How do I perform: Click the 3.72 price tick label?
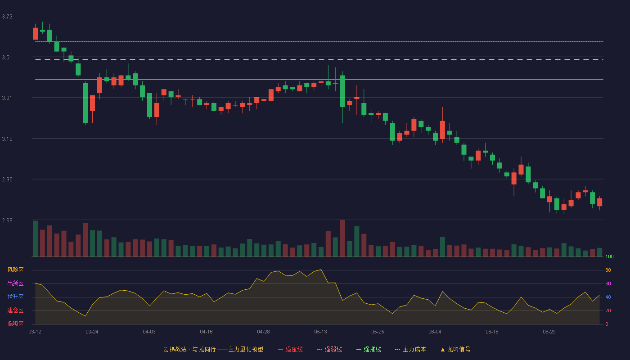click(7, 17)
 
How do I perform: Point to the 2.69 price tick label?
click(7, 220)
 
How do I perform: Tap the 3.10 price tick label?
click(7, 139)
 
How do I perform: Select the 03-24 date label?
click(92, 332)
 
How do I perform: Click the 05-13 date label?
click(320, 332)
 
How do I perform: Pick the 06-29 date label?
click(549, 332)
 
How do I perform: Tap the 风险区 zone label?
click(15, 270)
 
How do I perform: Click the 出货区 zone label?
click(15, 283)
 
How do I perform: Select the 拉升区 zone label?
click(15, 297)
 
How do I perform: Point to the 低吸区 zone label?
click(15, 324)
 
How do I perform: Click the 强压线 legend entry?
click(291, 349)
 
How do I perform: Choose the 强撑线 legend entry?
click(369, 349)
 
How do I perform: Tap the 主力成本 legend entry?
click(410, 349)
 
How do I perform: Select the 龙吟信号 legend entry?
click(455, 349)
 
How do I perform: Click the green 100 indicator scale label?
click(609, 256)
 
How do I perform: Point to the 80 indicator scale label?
click(608, 270)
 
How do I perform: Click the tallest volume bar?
click(342, 238)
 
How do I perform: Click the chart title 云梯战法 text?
click(175, 349)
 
